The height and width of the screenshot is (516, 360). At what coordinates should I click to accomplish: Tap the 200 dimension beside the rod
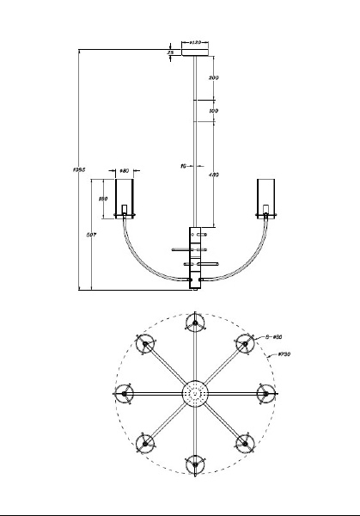click(x=214, y=78)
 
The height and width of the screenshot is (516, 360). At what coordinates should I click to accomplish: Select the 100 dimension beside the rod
click(x=214, y=111)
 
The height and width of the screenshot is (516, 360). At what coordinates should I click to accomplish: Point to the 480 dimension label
click(x=214, y=175)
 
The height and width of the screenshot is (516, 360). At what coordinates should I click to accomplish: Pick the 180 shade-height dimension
click(x=102, y=199)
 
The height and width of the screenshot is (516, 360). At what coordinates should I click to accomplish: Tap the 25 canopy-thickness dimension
click(x=171, y=53)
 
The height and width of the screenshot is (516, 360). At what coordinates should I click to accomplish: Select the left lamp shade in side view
click(x=125, y=198)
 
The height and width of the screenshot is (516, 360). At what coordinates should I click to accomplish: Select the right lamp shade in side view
click(x=268, y=198)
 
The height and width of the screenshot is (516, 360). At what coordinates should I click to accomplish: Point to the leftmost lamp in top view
click(x=125, y=394)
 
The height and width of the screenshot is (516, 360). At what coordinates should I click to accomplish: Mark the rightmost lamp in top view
click(x=266, y=394)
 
